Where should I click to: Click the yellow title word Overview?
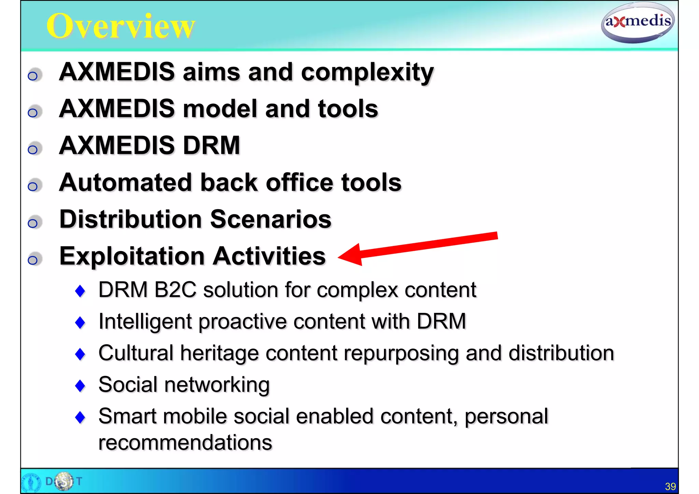pyautogui.click(x=121, y=26)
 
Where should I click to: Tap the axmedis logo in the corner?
pyautogui.click(x=638, y=23)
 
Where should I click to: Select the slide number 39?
pyautogui.click(x=670, y=486)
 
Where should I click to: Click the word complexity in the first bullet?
pyautogui.click(x=367, y=72)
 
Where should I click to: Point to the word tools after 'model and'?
pyautogui.click(x=348, y=109)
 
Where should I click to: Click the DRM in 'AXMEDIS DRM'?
pyautogui.click(x=212, y=146)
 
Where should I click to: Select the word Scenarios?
pyautogui.click(x=271, y=219)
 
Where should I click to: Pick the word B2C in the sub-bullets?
pyautogui.click(x=175, y=290)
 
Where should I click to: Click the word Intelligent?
pyautogui.click(x=145, y=322)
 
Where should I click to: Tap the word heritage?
pyautogui.click(x=219, y=353)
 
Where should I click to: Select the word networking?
pyautogui.click(x=217, y=385)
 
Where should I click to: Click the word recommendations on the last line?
pyautogui.click(x=185, y=442)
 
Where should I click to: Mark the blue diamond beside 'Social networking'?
pyautogui.click(x=80, y=386)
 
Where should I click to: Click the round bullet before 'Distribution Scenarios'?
pyautogui.click(x=33, y=223)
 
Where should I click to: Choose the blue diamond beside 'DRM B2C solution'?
pyautogui.click(x=80, y=291)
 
